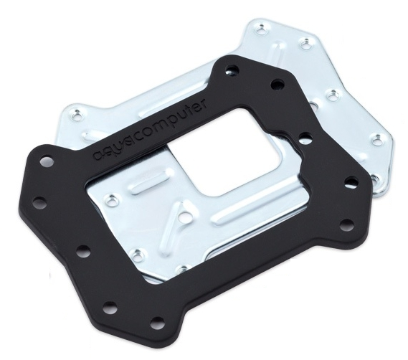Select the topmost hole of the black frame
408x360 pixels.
pos(231,70)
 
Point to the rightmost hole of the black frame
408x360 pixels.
pos(351,181)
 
